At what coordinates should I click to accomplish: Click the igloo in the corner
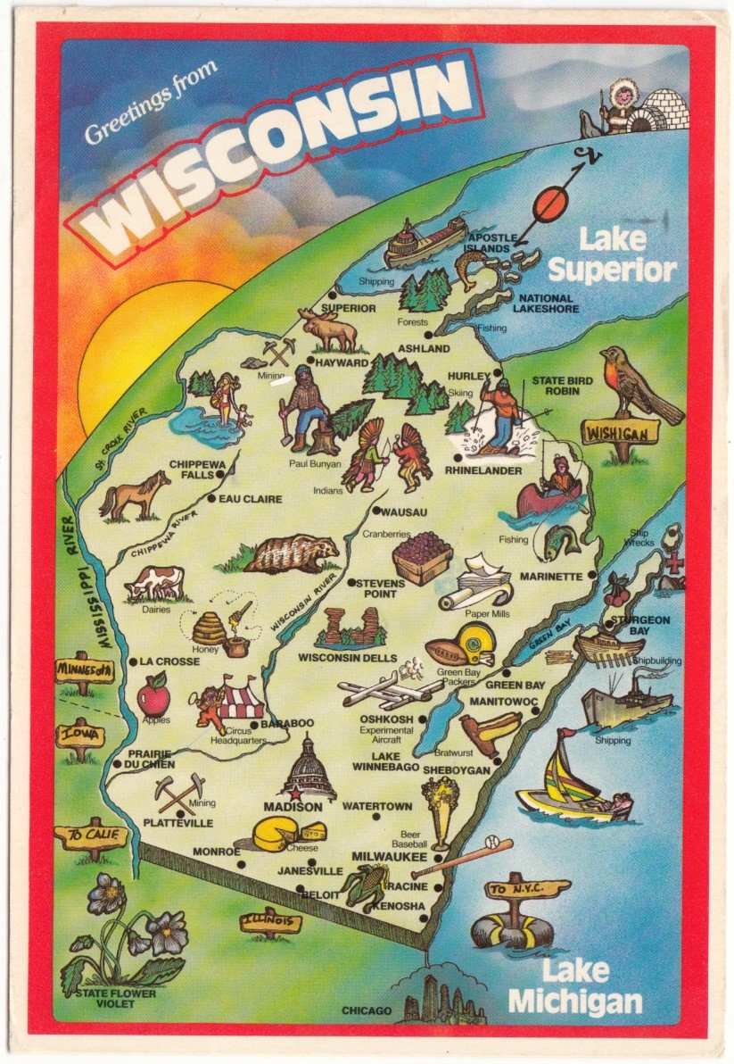(665, 110)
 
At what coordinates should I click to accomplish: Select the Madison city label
(293, 807)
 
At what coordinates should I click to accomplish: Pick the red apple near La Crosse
(153, 694)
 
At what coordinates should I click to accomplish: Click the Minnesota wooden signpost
(84, 669)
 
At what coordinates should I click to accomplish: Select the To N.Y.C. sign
(527, 890)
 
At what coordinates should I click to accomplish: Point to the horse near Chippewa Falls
(134, 496)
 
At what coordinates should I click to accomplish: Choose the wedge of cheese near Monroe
(278, 835)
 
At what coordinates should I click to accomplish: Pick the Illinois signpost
(271, 921)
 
